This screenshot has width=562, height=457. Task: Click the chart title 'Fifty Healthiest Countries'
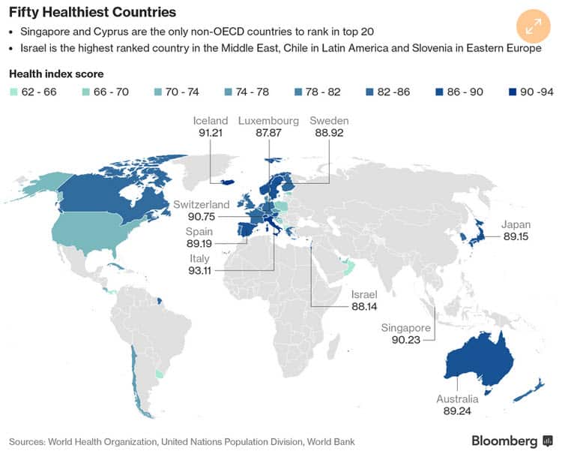pyautogui.click(x=92, y=13)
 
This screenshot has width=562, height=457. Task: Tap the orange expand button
pyautogui.click(x=533, y=26)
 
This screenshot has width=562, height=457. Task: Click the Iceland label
pyautogui.click(x=210, y=121)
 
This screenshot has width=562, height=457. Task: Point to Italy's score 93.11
pyautogui.click(x=200, y=270)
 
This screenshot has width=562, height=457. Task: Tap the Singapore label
pyautogui.click(x=405, y=328)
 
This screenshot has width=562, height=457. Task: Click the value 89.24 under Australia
pyautogui.click(x=457, y=411)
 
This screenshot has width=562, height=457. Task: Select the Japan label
pyautogui.click(x=516, y=224)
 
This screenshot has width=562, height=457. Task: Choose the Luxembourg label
pyautogui.click(x=268, y=121)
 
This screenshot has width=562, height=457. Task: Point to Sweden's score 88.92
pyautogui.click(x=329, y=133)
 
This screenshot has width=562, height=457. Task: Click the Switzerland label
pyautogui.click(x=201, y=204)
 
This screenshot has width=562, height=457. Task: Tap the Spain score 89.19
pyautogui.click(x=200, y=244)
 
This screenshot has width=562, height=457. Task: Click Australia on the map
pyautogui.click(x=480, y=361)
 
